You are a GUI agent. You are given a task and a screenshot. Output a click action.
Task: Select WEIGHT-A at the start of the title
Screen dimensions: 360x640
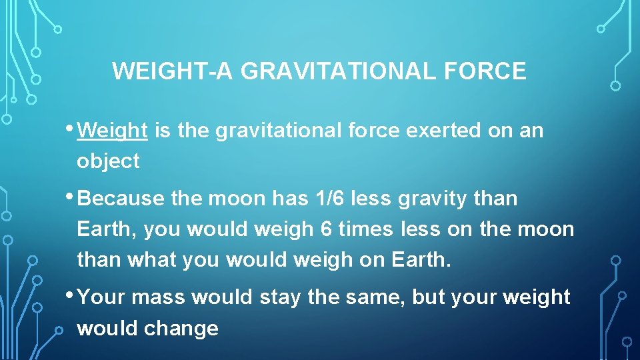click(x=173, y=71)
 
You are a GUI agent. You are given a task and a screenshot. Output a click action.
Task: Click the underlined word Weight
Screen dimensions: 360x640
click(x=112, y=131)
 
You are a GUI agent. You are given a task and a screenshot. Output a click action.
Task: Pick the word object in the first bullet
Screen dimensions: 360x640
click(x=108, y=161)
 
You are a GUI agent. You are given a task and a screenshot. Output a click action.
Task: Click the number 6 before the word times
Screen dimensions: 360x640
click(x=325, y=229)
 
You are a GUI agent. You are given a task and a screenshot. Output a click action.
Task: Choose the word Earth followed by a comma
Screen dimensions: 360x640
click(x=107, y=229)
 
